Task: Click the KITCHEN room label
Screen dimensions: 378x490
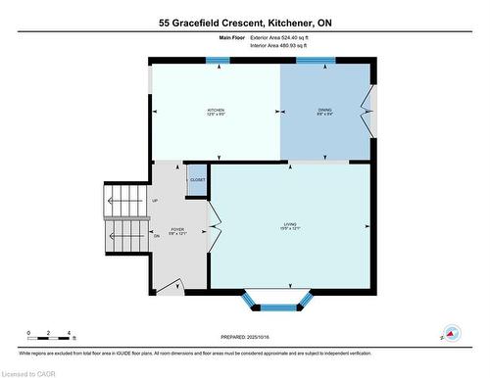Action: pyautogui.click(x=215, y=111)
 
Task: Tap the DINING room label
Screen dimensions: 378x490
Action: pyautogui.click(x=324, y=111)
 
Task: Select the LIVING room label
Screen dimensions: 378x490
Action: pyautogui.click(x=290, y=227)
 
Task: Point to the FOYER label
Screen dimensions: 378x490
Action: pyautogui.click(x=177, y=231)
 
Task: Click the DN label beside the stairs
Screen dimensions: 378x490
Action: pyautogui.click(x=155, y=236)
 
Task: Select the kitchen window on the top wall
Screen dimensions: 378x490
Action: pyautogui.click(x=217, y=61)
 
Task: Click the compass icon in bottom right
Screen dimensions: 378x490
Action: pyautogui.click(x=451, y=333)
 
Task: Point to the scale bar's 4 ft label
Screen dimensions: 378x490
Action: pyautogui.click(x=65, y=333)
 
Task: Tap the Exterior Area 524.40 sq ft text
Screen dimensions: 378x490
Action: pyautogui.click(x=285, y=36)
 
